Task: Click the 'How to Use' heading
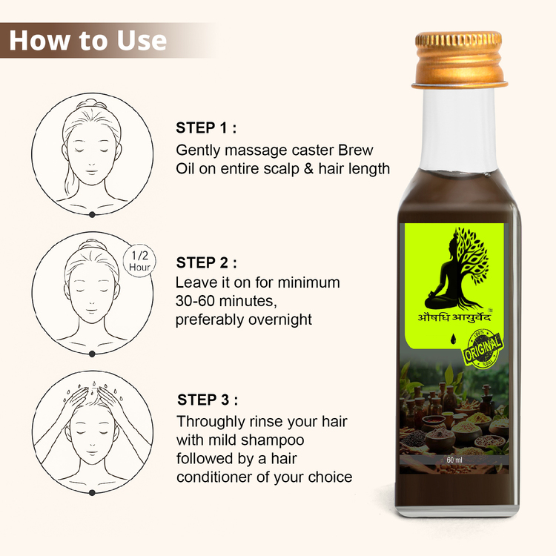(x=88, y=41)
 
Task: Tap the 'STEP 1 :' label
(x=206, y=128)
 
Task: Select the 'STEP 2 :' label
(x=206, y=262)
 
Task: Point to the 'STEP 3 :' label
(x=208, y=400)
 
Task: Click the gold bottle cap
(x=460, y=59)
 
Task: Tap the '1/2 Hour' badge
(x=139, y=261)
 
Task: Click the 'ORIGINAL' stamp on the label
(x=483, y=348)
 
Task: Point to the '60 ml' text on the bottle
(x=454, y=460)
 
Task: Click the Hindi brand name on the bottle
(x=454, y=316)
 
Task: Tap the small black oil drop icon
(x=453, y=339)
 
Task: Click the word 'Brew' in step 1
(x=355, y=150)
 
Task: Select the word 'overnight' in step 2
(x=280, y=320)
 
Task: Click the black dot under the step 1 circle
(x=92, y=214)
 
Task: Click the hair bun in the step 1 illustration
(x=91, y=105)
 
